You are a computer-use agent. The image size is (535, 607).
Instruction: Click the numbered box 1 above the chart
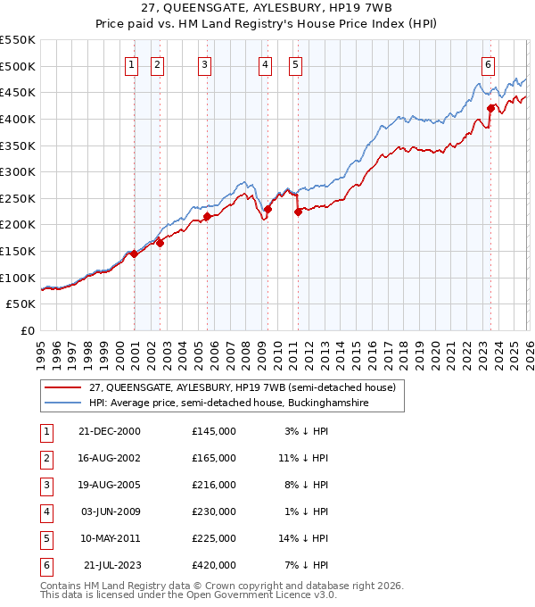coord(132,63)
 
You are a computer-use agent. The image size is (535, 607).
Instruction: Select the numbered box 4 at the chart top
coord(266,63)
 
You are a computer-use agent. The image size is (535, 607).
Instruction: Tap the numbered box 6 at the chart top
coord(489,63)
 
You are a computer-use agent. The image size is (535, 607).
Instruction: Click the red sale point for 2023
coord(490,108)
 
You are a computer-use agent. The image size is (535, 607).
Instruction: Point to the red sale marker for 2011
coord(298,212)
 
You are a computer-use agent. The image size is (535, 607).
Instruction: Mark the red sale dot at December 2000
coord(134,254)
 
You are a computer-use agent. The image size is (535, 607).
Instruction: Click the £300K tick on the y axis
coord(18,171)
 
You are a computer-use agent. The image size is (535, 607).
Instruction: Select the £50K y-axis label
coord(21,304)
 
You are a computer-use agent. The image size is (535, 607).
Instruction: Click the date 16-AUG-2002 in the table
coord(109,458)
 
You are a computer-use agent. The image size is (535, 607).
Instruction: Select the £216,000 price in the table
coord(213,485)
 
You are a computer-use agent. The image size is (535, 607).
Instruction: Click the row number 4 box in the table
coord(44,511)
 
